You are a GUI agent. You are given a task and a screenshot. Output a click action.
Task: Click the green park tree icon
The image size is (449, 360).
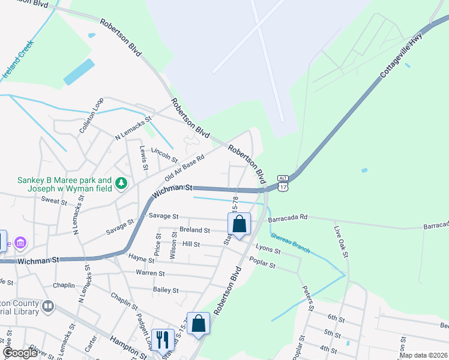(x=121, y=182)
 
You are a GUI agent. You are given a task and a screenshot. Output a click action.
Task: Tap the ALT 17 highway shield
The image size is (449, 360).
(x=283, y=183)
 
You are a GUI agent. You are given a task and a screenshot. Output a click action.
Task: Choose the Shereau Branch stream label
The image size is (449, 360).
(x=291, y=243)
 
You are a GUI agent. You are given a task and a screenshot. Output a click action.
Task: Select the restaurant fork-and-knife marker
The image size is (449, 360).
(x=161, y=340)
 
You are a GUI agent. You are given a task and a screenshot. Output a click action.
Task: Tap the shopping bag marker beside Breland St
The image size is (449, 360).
(x=239, y=225)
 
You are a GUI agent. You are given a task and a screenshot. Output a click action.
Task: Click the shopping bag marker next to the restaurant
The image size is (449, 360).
(x=198, y=324)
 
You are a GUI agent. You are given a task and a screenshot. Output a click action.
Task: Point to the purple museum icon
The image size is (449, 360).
(x=20, y=243)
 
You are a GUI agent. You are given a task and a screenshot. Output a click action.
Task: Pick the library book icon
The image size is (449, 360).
(x=46, y=307)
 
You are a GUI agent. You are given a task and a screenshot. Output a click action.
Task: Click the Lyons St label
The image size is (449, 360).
(x=268, y=247)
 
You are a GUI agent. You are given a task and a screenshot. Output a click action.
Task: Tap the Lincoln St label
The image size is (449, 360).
(x=164, y=155)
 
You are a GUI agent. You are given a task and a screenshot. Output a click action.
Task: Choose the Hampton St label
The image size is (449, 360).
(x=128, y=347)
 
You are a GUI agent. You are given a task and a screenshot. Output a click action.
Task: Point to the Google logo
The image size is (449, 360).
(x=20, y=352)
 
